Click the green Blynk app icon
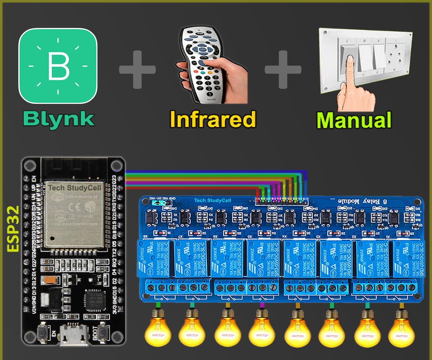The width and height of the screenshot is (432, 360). (58, 66)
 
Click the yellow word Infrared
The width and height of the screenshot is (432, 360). (213, 119)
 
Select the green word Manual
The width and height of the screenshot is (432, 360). (354, 120)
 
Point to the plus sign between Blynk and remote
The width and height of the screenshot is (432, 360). (137, 69)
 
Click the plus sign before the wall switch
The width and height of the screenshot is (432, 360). (283, 69)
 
